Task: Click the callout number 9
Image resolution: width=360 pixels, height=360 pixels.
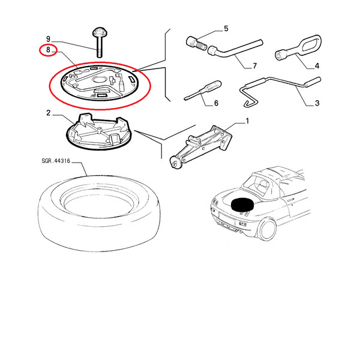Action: pos(48,39)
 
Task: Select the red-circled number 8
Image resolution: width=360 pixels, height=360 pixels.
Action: pos(48,50)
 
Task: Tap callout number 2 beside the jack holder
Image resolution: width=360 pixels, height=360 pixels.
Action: pos(48,113)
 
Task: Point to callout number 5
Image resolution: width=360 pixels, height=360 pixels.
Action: pos(226,29)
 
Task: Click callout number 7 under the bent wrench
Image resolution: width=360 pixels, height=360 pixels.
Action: pos(254,66)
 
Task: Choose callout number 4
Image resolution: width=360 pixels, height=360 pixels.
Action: pos(317,66)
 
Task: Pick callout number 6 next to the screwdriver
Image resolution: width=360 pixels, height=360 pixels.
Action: pos(216,103)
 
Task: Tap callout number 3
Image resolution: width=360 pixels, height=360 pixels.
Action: pos(317,103)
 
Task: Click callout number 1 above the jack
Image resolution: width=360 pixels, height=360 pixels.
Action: pos(247,121)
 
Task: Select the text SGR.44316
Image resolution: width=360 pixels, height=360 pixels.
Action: pos(56,161)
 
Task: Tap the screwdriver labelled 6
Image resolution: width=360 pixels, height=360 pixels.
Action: pos(203,90)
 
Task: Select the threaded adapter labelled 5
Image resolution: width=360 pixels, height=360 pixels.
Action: pos(196,44)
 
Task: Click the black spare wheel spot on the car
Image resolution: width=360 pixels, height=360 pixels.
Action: pos(242,205)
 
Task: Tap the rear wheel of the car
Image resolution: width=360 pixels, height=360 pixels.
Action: pos(268,229)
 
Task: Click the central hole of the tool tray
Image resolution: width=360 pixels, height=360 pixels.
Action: pos(99,80)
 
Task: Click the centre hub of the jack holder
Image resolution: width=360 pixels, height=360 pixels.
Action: pos(100,130)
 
